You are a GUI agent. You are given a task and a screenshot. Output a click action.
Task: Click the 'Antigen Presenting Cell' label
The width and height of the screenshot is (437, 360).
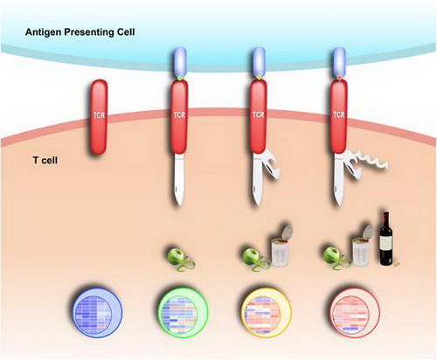80,32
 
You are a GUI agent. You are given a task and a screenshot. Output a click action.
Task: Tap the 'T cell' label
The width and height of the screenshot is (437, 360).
45,160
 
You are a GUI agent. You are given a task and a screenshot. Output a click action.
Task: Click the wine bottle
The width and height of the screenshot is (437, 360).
386,239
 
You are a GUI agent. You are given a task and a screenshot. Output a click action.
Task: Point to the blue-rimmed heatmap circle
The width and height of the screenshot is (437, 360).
97,313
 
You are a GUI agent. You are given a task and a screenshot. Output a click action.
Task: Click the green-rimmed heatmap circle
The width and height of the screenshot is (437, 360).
183,313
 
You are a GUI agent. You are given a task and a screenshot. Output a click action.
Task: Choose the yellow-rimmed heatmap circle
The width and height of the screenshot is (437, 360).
267,313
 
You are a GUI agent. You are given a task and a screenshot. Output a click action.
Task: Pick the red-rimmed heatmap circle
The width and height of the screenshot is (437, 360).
355,313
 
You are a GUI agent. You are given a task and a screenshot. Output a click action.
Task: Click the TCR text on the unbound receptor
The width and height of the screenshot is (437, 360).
99,115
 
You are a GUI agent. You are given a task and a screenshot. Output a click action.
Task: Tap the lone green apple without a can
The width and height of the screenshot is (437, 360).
176,257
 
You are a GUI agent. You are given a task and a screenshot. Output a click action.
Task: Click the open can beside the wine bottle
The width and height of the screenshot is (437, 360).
362,246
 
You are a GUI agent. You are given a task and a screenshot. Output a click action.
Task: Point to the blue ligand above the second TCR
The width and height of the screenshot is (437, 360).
179,62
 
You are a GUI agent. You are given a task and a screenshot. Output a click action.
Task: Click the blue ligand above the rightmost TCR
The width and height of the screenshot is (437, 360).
339,62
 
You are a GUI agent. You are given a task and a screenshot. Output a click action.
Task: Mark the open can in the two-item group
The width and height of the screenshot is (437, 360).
281,246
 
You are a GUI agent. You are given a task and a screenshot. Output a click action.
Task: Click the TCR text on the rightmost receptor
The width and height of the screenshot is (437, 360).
339,115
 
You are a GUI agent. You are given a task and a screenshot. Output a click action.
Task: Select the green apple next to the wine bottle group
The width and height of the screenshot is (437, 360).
331,255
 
